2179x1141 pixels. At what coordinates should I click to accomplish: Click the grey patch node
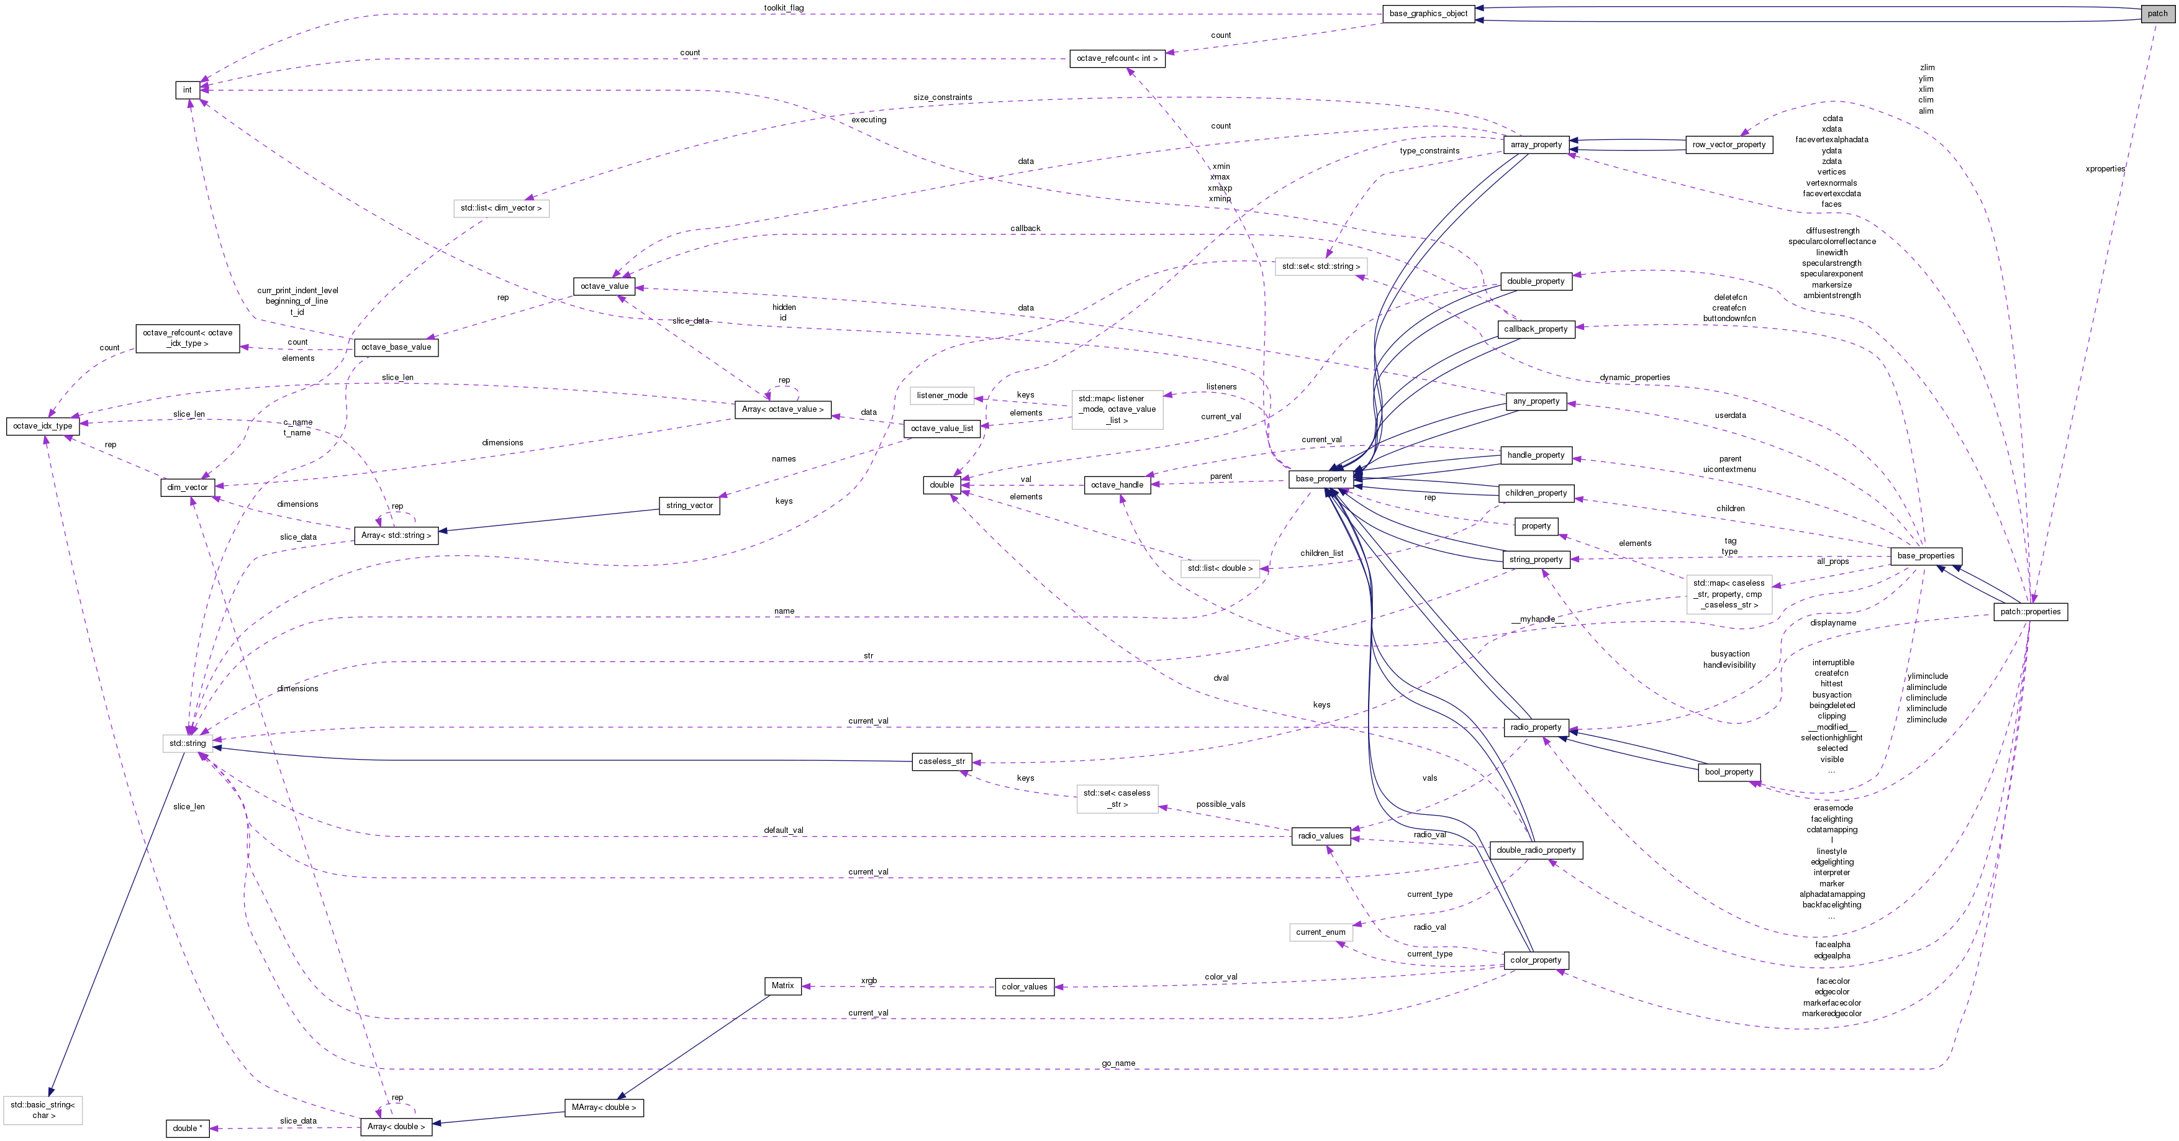coord(2157,14)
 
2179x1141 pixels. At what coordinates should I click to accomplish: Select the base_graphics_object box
coord(1428,14)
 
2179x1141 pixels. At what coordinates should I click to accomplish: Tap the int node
coord(187,89)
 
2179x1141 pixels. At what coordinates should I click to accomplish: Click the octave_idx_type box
coord(42,426)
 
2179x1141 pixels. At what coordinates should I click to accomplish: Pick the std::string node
coord(187,743)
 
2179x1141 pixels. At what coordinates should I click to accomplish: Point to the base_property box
coord(1320,479)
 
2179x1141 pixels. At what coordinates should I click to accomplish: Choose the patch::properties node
coord(2030,612)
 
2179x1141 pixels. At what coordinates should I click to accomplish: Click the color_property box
coord(1535,960)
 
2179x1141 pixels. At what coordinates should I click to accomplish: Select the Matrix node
coord(782,985)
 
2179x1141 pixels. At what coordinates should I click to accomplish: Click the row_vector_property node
coord(1729,145)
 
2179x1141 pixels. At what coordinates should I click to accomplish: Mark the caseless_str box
coord(941,761)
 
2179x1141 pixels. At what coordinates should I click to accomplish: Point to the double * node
coord(188,1129)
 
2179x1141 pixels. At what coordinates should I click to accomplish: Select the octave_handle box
coord(1117,484)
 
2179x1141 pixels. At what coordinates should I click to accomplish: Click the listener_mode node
coord(941,395)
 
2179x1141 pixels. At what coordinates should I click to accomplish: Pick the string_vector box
coord(689,506)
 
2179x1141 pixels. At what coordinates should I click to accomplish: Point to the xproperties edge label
coord(2104,169)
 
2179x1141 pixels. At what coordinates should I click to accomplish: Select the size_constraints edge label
coord(942,98)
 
